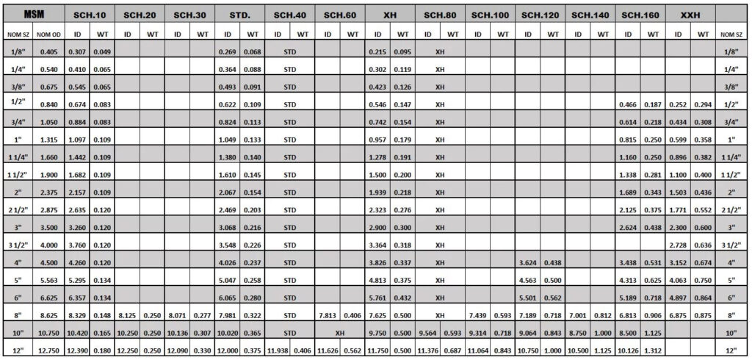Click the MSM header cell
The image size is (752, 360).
(x=32, y=15)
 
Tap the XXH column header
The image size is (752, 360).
(x=690, y=15)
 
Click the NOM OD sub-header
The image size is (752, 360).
(x=48, y=34)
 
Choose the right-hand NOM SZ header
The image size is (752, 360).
(x=731, y=34)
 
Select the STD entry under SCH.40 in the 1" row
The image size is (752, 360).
(x=289, y=140)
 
